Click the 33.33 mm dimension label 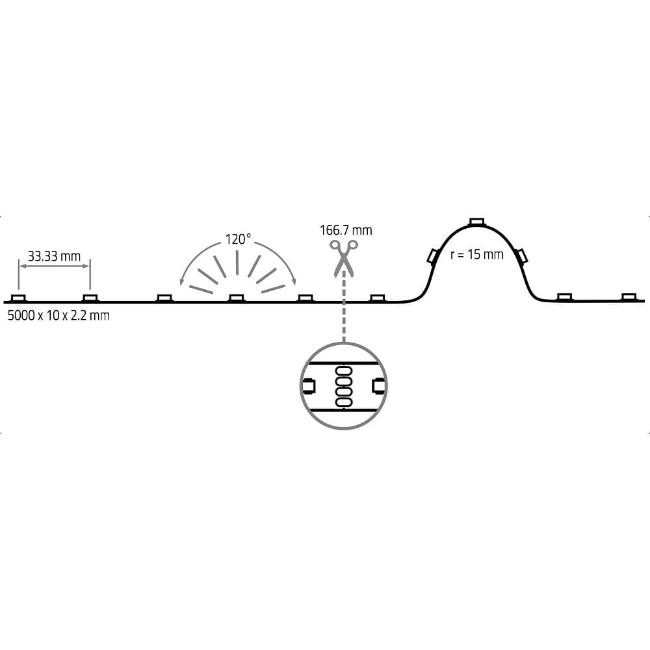point(55,257)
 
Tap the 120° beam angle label point(238,239)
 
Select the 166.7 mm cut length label point(346,230)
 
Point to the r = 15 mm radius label point(476,254)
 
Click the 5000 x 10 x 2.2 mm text point(59,315)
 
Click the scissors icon point(344,258)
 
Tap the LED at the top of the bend point(476,222)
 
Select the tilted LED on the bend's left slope point(433,256)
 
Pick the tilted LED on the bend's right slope point(521,256)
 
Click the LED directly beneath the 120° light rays point(237,298)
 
